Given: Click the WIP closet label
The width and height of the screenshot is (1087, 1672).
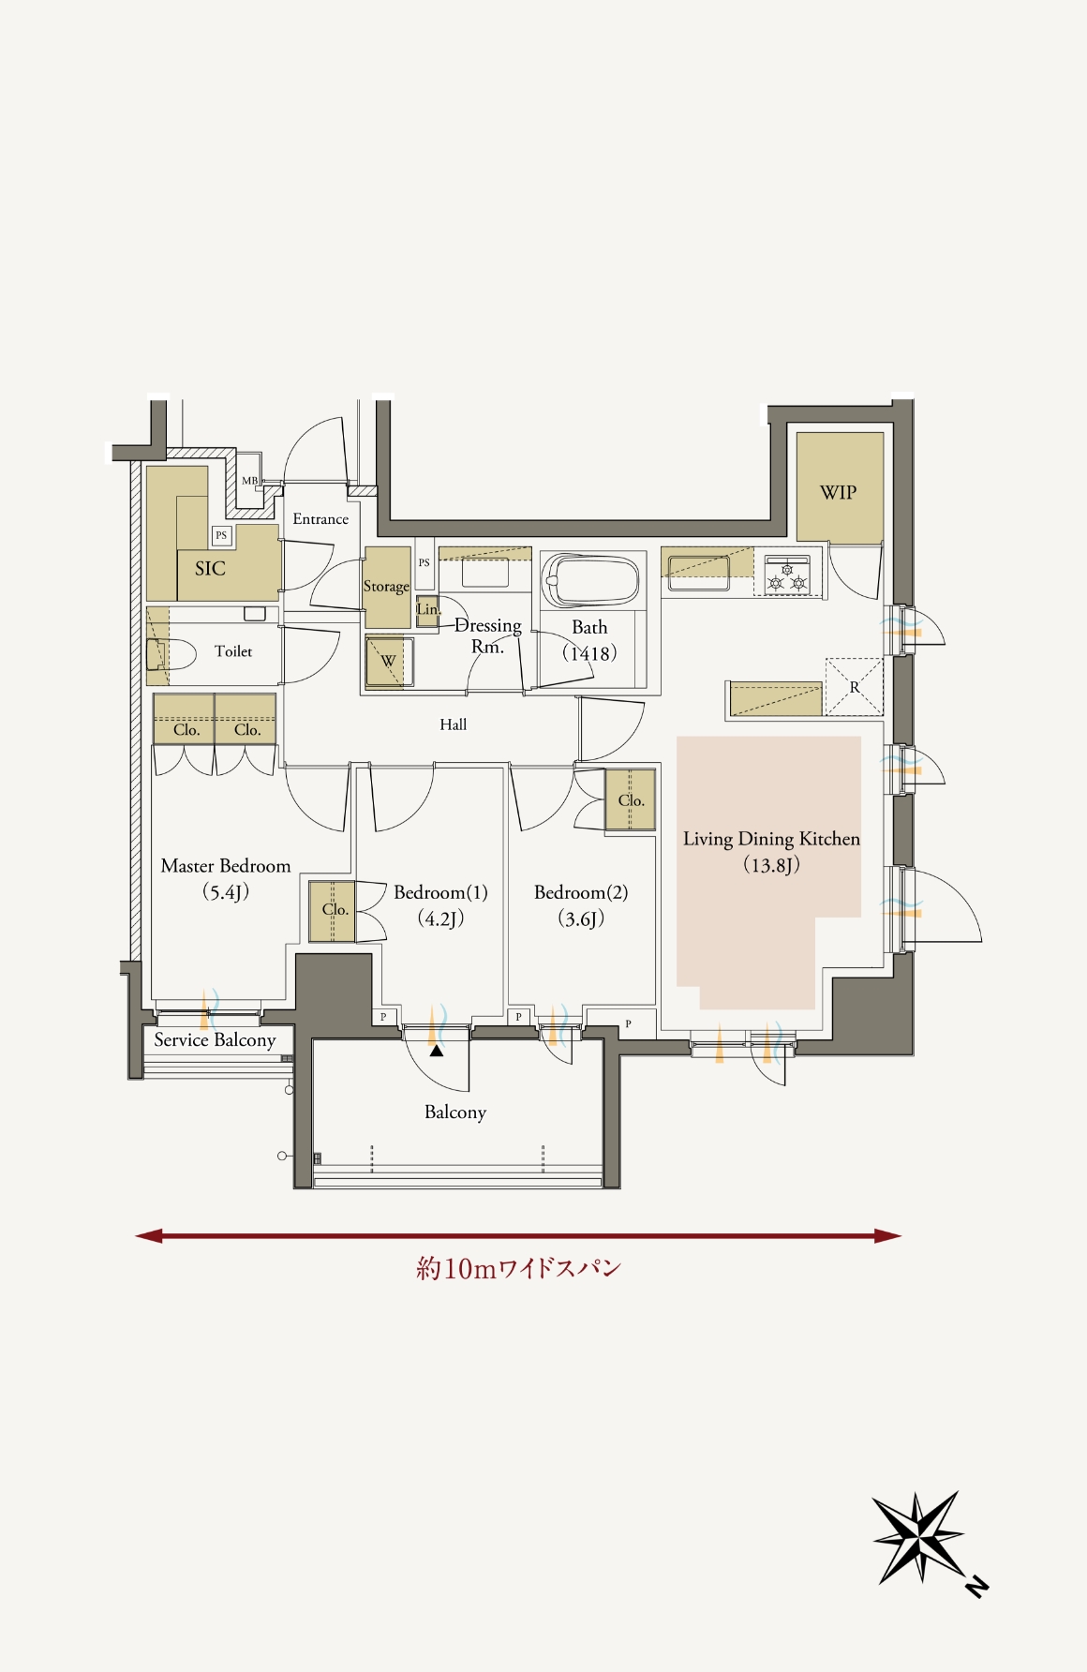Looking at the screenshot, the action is pos(838,493).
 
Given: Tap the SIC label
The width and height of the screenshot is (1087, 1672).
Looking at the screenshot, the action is pos(210,568).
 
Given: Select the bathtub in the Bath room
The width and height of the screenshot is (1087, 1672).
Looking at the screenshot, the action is pos(591,581).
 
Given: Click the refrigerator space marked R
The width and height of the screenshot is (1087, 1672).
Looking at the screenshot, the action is pos(854,687).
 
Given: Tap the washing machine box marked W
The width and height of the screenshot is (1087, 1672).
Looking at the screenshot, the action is pos(389,661).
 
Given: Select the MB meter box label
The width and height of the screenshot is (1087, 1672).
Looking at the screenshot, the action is pos(249,481).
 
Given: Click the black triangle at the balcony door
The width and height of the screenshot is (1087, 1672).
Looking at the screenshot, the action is pos(437,1051).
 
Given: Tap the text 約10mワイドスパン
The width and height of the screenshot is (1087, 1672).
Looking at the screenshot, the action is pos(519,1269).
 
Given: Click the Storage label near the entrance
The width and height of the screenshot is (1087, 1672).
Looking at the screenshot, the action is pos(386,587).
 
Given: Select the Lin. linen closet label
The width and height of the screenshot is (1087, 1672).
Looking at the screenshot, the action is pos(427,609).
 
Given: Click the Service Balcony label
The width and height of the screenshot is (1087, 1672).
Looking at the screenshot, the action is pos(215,1040).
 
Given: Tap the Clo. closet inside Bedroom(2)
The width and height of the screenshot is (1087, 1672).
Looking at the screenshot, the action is pos(631,800).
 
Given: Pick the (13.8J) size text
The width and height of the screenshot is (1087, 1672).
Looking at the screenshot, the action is pos(771,865).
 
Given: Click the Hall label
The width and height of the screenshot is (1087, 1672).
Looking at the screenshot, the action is pos(453,724).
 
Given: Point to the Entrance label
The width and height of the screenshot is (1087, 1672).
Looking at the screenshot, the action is pos(320,519).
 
